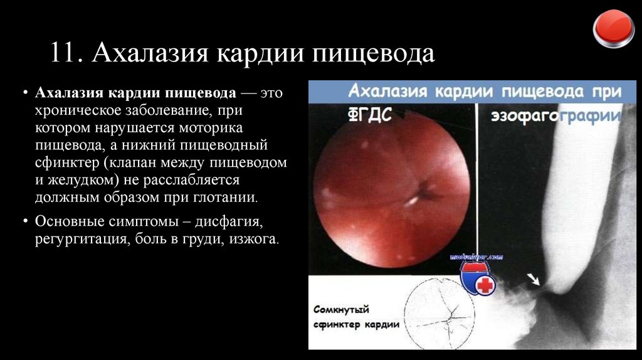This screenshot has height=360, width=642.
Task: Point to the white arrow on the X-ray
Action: pyautogui.click(x=534, y=278)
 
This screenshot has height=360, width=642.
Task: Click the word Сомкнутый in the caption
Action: pyautogui.click(x=341, y=310)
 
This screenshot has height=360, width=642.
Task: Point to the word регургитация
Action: pyautogui.click(x=79, y=240)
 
